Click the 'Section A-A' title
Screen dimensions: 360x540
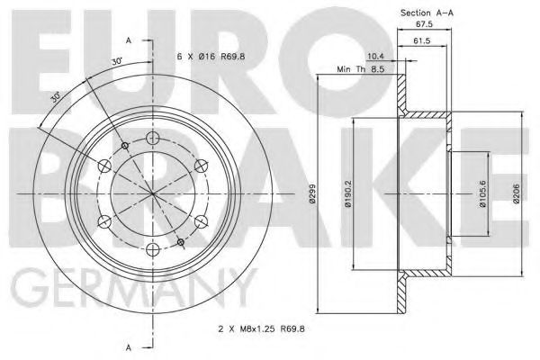point(426,13)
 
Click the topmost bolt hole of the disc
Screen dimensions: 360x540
point(152,138)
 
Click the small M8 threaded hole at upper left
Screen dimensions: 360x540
point(123,144)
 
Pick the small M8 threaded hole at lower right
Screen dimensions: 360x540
point(181,243)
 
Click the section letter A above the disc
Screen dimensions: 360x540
point(130,40)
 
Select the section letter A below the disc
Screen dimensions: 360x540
point(130,346)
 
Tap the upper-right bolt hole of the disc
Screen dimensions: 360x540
point(201,166)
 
